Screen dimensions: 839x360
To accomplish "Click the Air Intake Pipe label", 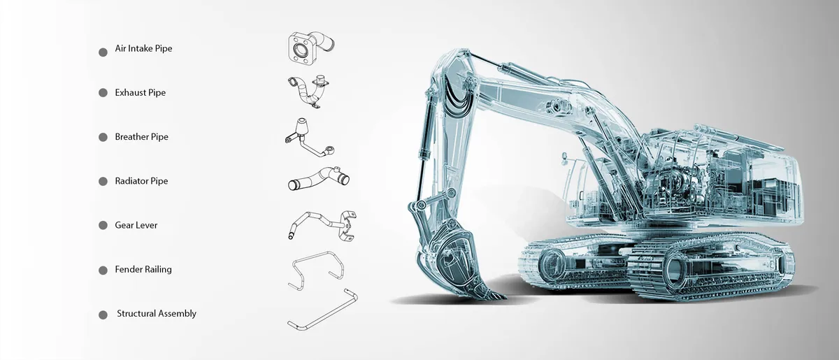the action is point(143,49).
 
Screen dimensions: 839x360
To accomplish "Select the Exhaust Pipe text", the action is point(140,92).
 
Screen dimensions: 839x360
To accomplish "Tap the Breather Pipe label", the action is point(141,137).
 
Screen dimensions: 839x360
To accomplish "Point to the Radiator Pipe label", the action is point(141,181).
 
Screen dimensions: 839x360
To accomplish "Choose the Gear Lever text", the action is point(136,225).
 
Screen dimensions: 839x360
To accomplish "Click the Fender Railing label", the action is point(143,269).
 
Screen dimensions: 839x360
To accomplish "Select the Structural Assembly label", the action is point(157,314).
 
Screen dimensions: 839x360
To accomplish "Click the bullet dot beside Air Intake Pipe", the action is point(103,52).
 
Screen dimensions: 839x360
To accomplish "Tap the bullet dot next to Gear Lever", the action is point(103,225).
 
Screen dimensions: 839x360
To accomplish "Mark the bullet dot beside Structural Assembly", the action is point(103,315).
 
